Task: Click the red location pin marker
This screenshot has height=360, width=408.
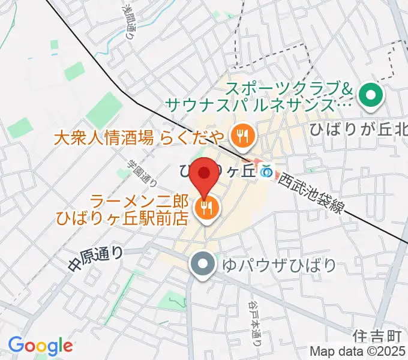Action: click(x=205, y=175)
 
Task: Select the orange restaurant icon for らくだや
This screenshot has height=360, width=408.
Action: click(x=242, y=136)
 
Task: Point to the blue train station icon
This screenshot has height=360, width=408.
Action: click(x=267, y=172)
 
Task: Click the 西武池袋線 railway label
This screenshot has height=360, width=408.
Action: click(x=312, y=194)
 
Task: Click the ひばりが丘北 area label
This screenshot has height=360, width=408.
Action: click(x=358, y=128)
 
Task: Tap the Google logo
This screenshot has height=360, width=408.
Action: click(x=40, y=346)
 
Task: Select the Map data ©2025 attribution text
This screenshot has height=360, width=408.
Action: click(x=358, y=351)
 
